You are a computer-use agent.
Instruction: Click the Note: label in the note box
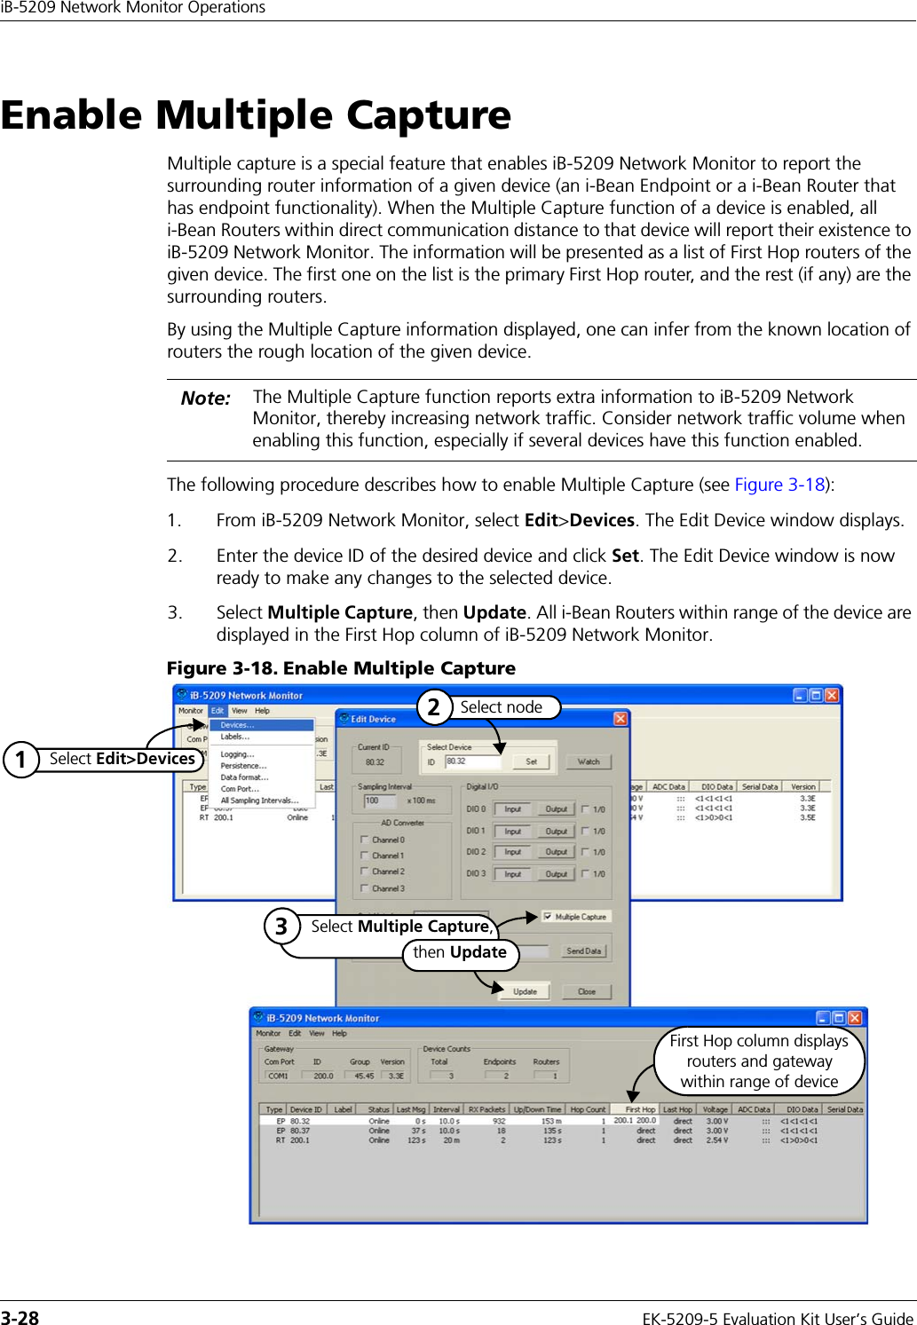point(205,398)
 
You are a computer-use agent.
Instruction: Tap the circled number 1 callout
point(20,760)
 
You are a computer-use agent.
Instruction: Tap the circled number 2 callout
point(434,707)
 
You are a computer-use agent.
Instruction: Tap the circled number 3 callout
point(281,927)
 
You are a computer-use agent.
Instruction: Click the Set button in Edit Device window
point(531,761)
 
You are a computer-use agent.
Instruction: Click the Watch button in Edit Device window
point(588,761)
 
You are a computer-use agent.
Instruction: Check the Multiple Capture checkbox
point(548,917)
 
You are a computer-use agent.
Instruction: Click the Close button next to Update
point(586,991)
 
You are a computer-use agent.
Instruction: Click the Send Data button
point(583,950)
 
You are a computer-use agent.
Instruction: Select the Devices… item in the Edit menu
point(237,725)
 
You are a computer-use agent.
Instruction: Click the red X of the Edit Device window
point(621,718)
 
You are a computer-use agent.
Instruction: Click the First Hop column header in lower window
point(639,1109)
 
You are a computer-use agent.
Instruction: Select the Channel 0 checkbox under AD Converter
point(365,840)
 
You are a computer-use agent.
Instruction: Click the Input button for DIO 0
point(512,809)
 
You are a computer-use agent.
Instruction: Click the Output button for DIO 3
point(556,874)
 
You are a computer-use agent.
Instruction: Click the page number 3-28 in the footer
point(20,1318)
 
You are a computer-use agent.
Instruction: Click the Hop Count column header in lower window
point(588,1109)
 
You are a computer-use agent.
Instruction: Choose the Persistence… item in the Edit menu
point(243,766)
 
